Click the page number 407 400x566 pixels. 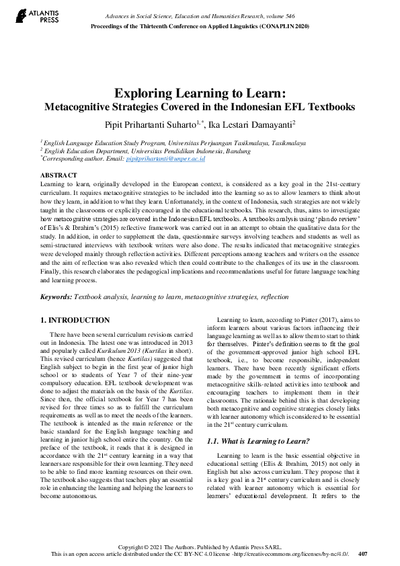[363, 554]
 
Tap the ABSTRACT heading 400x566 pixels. [59, 173]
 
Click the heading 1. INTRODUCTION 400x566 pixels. [75, 320]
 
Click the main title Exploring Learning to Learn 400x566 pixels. [200, 93]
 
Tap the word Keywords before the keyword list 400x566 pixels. [56, 296]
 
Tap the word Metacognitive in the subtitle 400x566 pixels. [76, 106]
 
